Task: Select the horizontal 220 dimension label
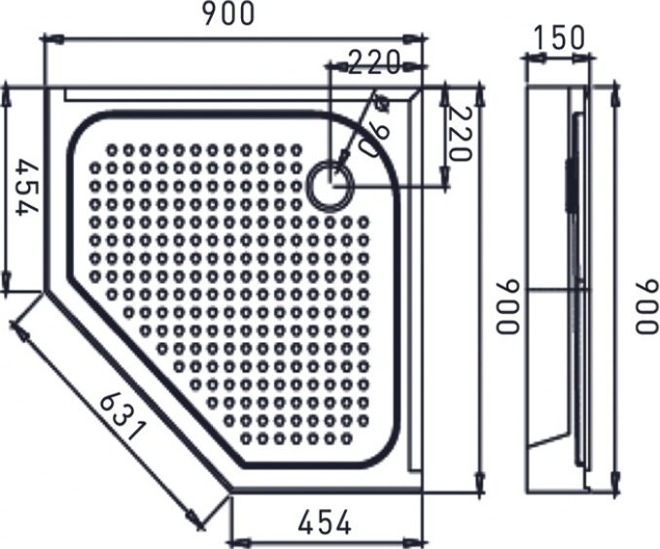374,63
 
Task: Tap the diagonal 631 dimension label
122,412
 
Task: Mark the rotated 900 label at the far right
645,306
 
